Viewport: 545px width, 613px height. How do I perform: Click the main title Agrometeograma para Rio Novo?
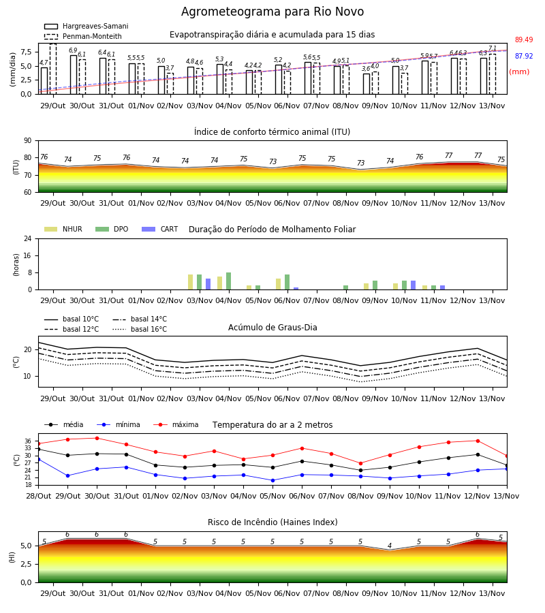(x=272, y=12)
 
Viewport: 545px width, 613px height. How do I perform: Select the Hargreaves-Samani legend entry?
(x=86, y=26)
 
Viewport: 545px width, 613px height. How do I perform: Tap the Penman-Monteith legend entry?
(x=83, y=36)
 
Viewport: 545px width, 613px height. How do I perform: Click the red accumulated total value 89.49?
(x=524, y=40)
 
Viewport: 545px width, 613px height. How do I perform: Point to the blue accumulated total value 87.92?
(x=524, y=56)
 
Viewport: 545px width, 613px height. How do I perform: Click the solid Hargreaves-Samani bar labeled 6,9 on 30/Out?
(x=74, y=75)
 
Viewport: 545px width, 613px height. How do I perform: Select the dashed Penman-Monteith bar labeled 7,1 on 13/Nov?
(x=493, y=74)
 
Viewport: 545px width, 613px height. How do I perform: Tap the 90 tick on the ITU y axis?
(x=28, y=141)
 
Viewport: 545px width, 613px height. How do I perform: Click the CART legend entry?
(x=159, y=229)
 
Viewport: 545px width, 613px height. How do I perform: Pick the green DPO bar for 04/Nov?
(x=229, y=281)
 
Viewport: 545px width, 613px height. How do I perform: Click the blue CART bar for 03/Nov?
(x=208, y=284)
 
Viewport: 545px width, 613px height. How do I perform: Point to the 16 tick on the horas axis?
(x=28, y=255)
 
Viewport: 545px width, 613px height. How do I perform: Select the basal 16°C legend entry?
(x=140, y=329)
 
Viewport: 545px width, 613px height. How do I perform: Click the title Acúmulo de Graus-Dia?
(x=272, y=327)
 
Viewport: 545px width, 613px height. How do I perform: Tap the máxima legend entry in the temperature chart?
(x=176, y=424)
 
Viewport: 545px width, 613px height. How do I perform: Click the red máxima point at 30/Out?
(x=97, y=438)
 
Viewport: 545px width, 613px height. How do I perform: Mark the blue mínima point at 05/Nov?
(x=273, y=480)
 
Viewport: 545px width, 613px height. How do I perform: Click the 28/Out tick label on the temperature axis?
(x=39, y=496)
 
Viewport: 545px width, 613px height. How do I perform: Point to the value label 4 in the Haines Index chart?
(x=390, y=546)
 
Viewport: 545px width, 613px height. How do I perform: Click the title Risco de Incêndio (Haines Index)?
(x=272, y=522)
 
